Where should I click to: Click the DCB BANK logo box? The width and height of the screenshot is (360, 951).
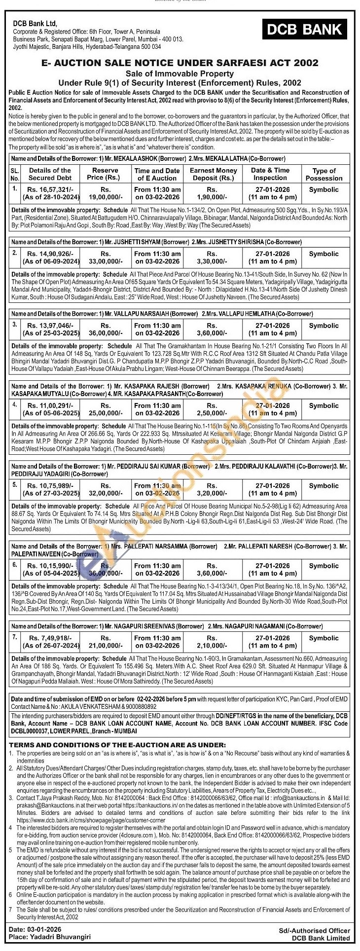pos(304,30)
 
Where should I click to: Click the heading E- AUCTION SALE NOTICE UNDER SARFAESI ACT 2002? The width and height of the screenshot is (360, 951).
pos(180,63)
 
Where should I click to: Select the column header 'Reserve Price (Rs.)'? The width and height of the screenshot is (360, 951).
pos(105,174)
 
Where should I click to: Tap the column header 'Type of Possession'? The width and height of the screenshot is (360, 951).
pos(324,174)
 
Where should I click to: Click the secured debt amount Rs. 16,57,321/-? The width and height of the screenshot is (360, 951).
pos(50,189)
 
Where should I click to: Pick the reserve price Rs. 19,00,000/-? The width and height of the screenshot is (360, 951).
pos(105,193)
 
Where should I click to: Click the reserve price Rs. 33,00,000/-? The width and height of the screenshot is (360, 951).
pos(105,257)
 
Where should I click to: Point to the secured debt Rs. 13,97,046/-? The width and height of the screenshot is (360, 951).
pos(50,326)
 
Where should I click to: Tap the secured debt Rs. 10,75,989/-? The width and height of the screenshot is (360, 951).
pos(50,486)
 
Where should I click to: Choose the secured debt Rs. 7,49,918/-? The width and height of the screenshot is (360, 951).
pos(50,638)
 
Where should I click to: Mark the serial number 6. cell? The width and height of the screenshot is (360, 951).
pos(15,565)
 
